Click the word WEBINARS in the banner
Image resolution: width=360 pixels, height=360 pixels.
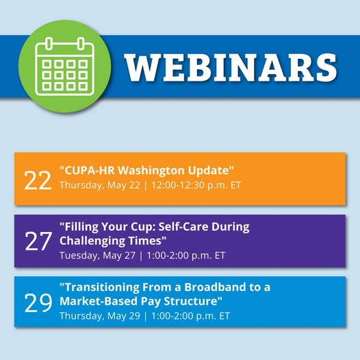tap(231, 68)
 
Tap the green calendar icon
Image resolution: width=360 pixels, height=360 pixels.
tap(65, 66)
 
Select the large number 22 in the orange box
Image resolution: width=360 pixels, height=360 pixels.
tap(38, 181)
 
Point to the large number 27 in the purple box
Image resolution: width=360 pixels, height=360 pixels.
tap(38, 241)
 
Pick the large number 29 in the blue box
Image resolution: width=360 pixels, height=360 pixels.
tap(38, 303)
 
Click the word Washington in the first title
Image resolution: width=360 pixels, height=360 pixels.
tap(152, 170)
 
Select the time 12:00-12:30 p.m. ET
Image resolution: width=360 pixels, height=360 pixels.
tap(196, 185)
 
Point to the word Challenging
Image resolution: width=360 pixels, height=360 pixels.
tap(92, 241)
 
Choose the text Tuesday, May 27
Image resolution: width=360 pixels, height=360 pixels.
tap(97, 255)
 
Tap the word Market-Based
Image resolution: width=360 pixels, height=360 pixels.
tap(99, 301)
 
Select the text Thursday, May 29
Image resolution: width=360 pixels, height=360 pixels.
tap(100, 316)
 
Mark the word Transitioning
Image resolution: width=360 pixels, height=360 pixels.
tap(99, 287)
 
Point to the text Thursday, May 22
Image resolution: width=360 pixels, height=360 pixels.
tap(100, 185)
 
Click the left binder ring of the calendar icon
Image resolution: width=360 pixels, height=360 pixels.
tap(49, 44)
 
